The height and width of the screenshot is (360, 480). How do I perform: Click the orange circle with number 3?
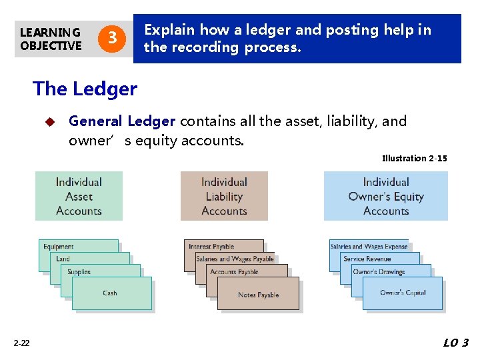tap(113, 39)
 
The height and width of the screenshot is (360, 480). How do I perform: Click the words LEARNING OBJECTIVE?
tap(50, 39)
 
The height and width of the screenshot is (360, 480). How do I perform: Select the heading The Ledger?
tap(85, 88)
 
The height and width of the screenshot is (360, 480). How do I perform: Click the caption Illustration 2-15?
tap(414, 158)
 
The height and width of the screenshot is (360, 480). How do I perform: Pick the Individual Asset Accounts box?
tap(79, 196)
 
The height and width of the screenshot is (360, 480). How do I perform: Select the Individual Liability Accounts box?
tap(224, 196)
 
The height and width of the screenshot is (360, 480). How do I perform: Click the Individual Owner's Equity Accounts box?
tap(385, 196)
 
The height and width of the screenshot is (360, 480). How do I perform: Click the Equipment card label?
tap(59, 247)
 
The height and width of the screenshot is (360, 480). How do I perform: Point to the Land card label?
tap(63, 259)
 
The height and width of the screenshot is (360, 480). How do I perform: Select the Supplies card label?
tap(79, 272)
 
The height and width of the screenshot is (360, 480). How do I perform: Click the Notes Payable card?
tap(258, 294)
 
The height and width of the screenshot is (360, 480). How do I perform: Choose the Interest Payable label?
tap(211, 247)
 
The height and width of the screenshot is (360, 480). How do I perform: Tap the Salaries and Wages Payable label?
tap(235, 259)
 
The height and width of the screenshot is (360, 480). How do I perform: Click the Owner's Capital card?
tap(402, 293)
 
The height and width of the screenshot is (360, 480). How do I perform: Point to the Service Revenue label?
tap(367, 259)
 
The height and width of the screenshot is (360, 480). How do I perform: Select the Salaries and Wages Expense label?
tap(369, 247)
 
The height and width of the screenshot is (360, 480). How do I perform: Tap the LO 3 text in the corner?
tap(456, 343)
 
